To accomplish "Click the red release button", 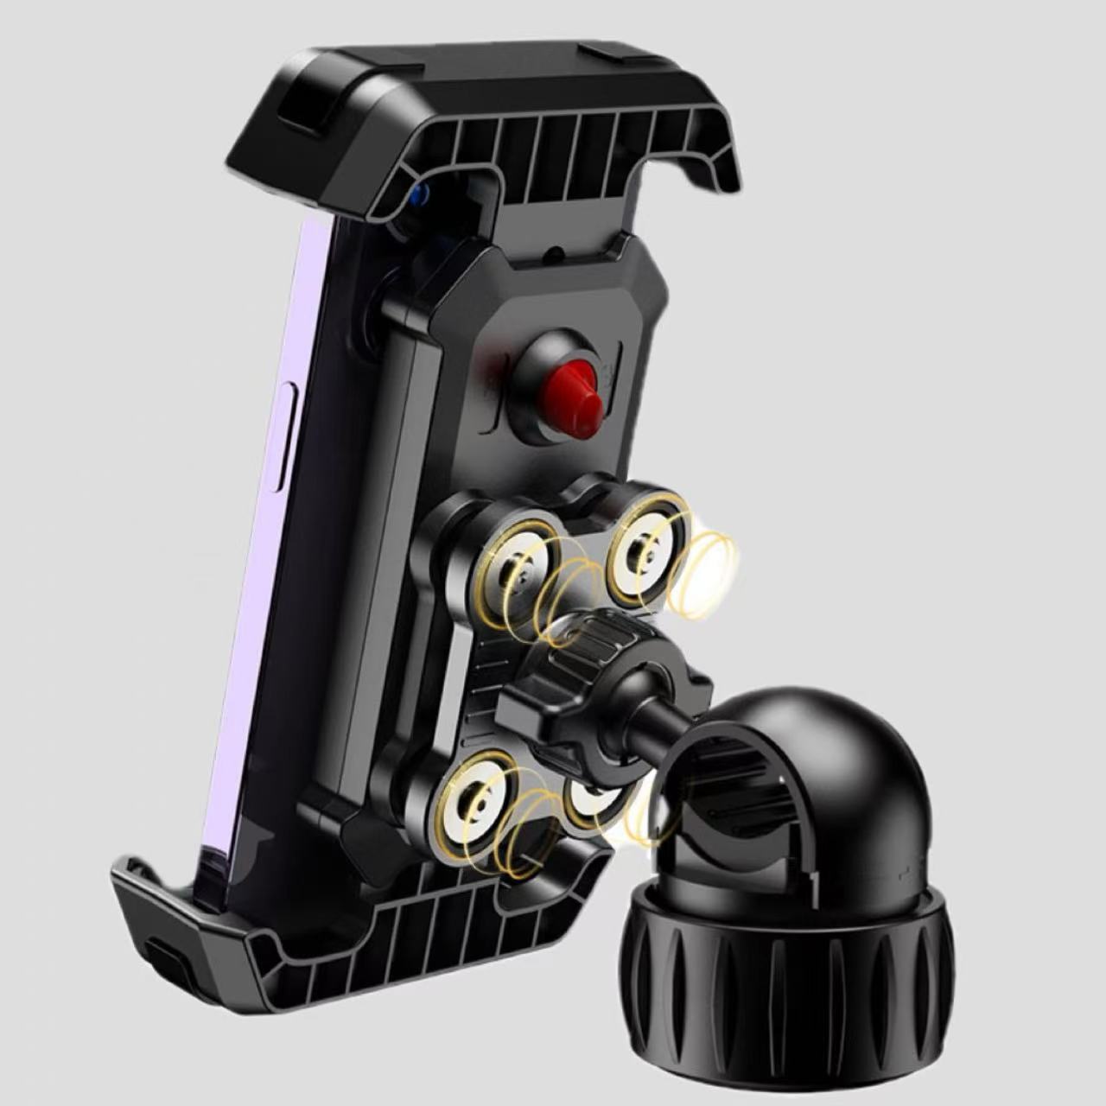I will point(566,385).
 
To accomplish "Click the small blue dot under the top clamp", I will point(419,194).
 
